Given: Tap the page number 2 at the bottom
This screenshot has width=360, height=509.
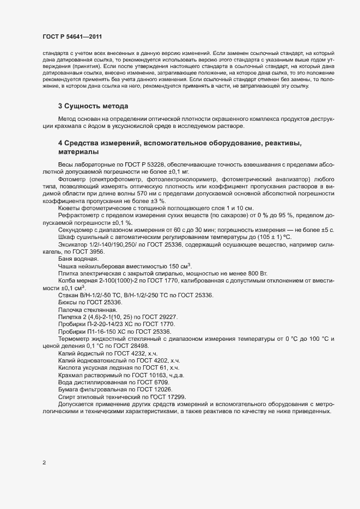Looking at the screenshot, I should click(44, 463).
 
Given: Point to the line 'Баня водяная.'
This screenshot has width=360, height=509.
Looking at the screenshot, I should click(78, 259).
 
